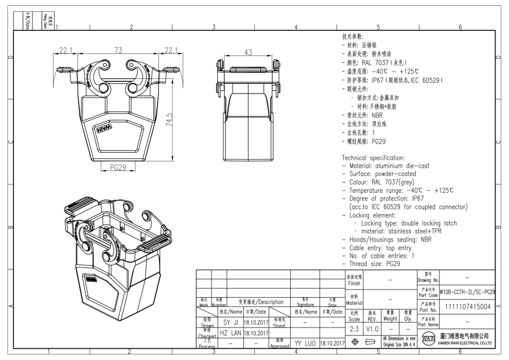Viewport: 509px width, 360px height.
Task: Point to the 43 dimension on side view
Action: pos(248,52)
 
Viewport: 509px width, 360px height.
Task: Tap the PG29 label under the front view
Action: pos(118,167)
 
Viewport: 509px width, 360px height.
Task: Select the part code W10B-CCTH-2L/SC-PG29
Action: pos(467,292)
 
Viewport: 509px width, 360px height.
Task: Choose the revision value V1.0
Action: pos(373,328)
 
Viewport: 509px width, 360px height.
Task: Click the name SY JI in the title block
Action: pos(230,322)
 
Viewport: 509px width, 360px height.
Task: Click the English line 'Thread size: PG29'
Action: pos(374,264)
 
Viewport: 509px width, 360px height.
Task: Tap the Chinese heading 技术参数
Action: pos(353,37)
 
